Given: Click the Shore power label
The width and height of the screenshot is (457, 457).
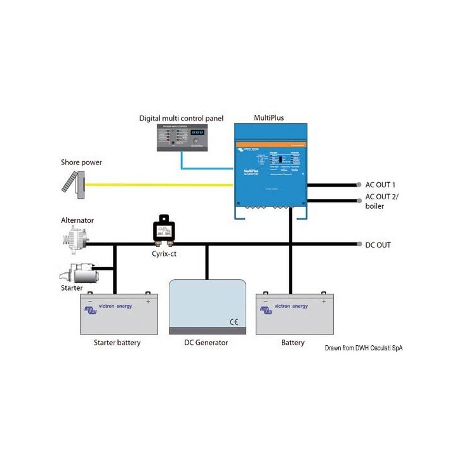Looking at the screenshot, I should click(81, 162).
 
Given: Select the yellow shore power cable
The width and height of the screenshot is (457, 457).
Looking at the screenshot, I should click(159, 185).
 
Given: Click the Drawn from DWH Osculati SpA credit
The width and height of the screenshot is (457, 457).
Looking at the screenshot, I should click(364, 348).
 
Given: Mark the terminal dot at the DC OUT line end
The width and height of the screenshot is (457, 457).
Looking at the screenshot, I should click(359, 244).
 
